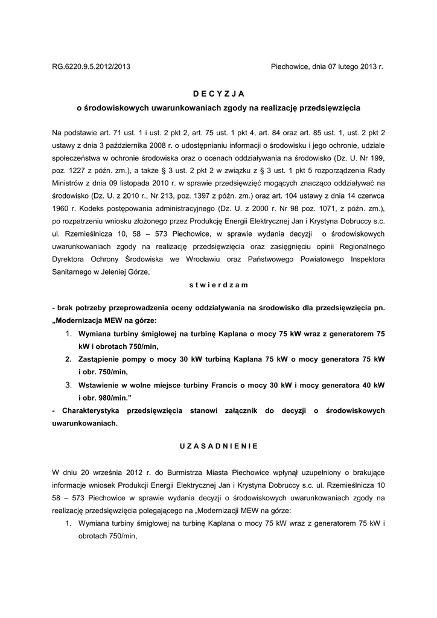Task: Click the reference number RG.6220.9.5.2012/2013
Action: [91, 68]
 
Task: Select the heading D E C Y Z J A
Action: [218, 94]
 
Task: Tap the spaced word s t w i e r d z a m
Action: [218, 283]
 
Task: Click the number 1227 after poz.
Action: [79, 171]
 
